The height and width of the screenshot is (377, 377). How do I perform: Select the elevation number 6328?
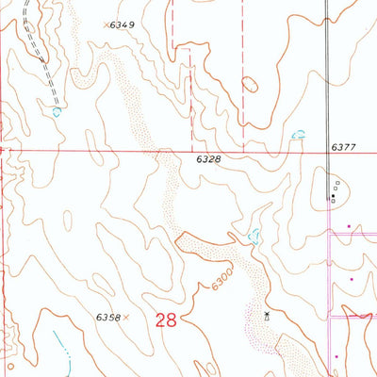[x=209, y=161]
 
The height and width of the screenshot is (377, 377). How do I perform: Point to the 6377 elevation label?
[x=346, y=148]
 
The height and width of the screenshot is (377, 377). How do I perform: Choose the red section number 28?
[x=167, y=320]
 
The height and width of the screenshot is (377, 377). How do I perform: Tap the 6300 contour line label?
[x=221, y=279]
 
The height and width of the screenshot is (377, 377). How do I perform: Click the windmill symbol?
[x=268, y=317]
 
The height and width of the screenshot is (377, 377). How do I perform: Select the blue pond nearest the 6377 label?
[x=299, y=136]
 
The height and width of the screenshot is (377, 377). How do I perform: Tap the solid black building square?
[x=332, y=198]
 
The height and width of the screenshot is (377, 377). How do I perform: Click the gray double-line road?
[x=327, y=75]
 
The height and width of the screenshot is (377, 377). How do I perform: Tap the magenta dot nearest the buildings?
[x=348, y=226]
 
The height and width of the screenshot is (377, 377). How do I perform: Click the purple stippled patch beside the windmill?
[x=254, y=325]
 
